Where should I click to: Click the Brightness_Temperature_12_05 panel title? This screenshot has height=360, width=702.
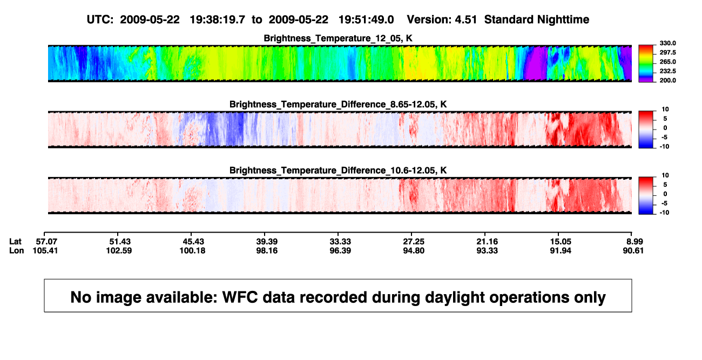click(338, 38)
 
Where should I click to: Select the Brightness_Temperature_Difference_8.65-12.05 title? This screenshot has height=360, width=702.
click(338, 104)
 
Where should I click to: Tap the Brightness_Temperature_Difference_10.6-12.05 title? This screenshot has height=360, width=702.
click(338, 171)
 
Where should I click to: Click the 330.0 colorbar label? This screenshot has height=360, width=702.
click(667, 43)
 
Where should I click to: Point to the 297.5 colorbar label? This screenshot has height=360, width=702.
click(667, 52)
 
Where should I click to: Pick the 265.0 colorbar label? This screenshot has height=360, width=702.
click(667, 62)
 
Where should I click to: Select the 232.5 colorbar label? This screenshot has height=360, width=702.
click(667, 71)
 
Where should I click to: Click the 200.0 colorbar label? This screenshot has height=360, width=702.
click(667, 80)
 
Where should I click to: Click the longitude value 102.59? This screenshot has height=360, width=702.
click(119, 250)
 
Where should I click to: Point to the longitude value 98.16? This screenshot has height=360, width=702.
click(267, 250)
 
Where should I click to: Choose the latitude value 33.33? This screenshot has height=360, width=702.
click(340, 242)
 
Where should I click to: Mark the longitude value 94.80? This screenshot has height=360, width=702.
click(414, 250)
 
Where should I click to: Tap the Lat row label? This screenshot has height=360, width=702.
click(15, 242)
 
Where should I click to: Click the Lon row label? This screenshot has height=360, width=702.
click(16, 250)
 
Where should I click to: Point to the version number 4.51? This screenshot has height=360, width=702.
click(465, 20)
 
